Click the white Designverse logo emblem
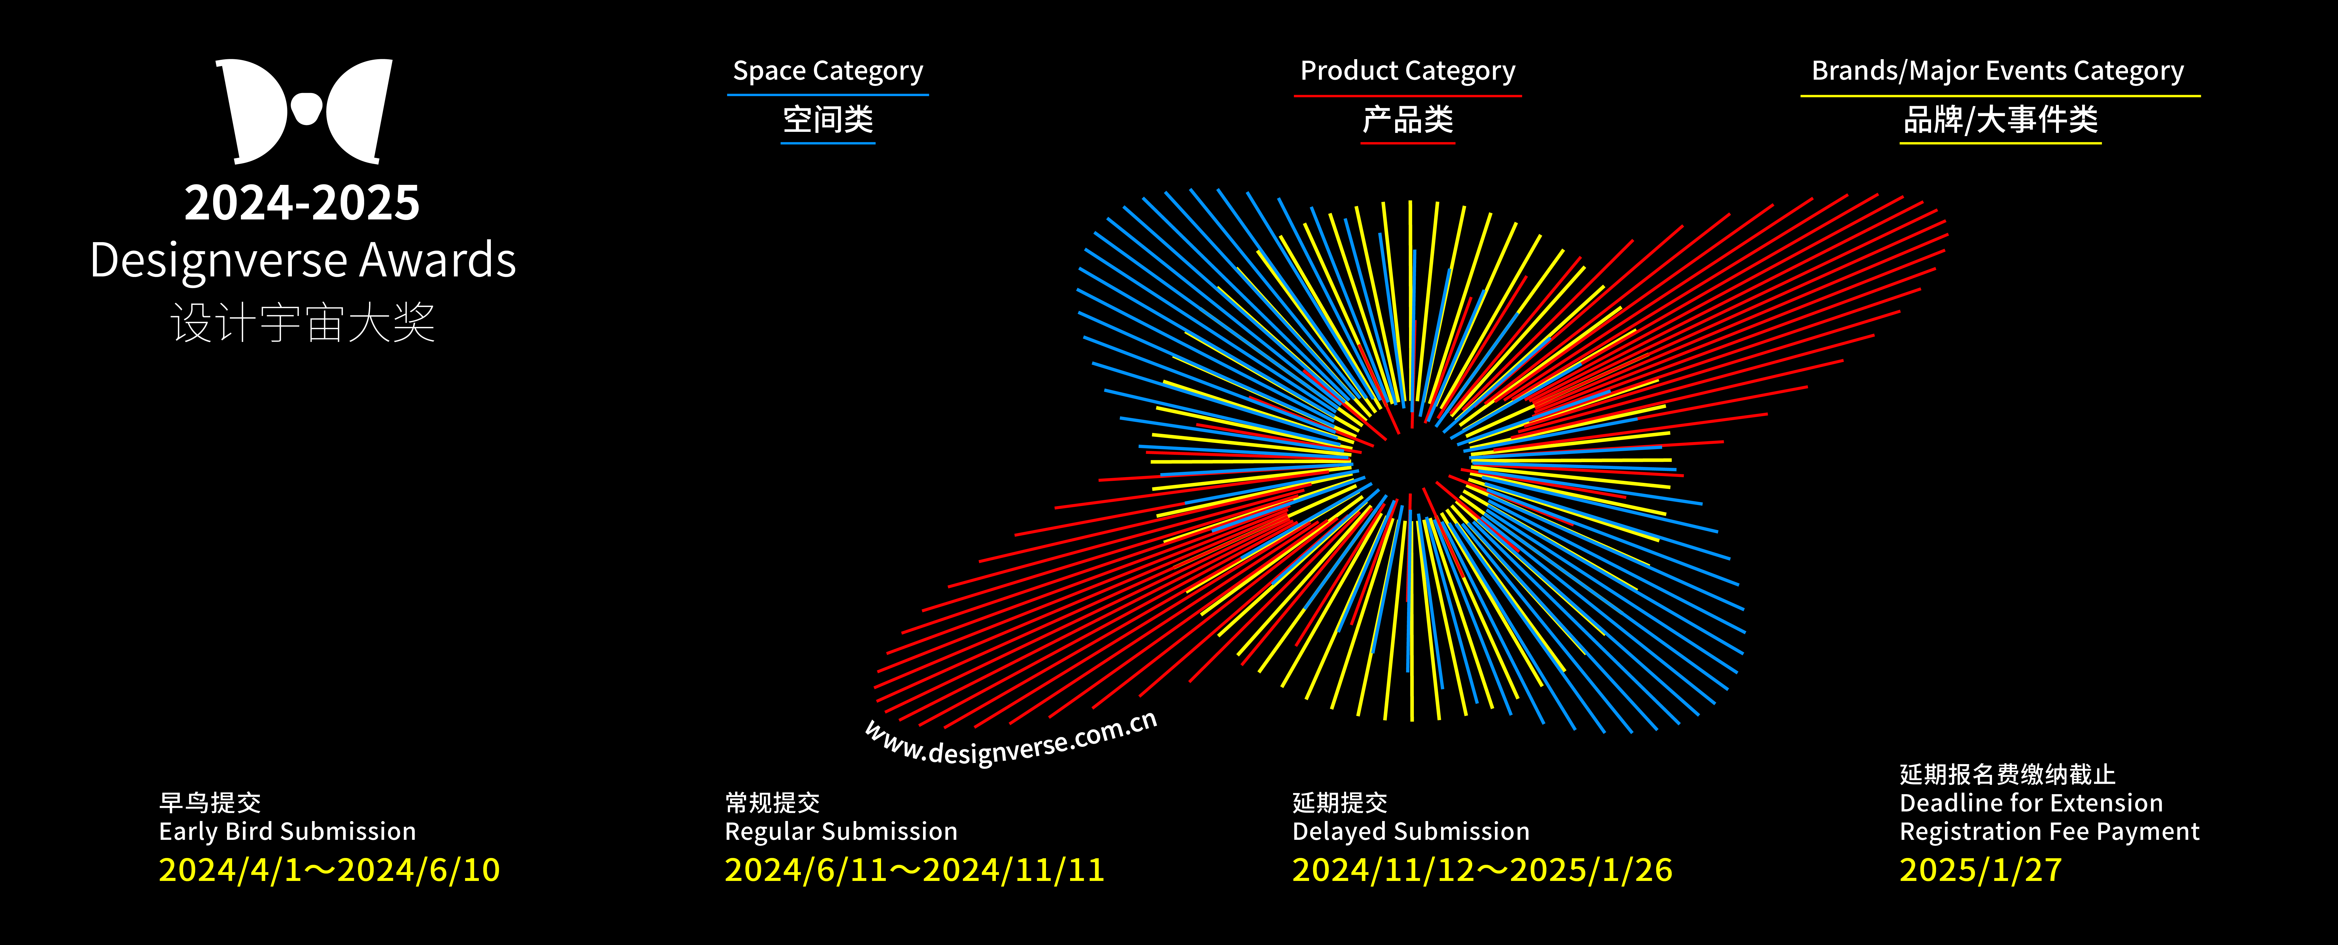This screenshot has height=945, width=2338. click(304, 111)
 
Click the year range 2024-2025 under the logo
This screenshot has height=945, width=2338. click(302, 202)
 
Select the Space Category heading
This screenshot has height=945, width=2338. click(828, 71)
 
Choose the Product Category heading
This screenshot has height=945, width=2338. click(1408, 71)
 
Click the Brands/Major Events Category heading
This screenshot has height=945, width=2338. click(1998, 71)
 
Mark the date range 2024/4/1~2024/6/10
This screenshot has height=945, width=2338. click(330, 870)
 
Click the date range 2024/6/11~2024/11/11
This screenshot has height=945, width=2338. click(915, 870)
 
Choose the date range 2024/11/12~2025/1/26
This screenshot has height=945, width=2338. click(1482, 870)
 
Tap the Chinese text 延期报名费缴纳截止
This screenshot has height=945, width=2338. click(2008, 774)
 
